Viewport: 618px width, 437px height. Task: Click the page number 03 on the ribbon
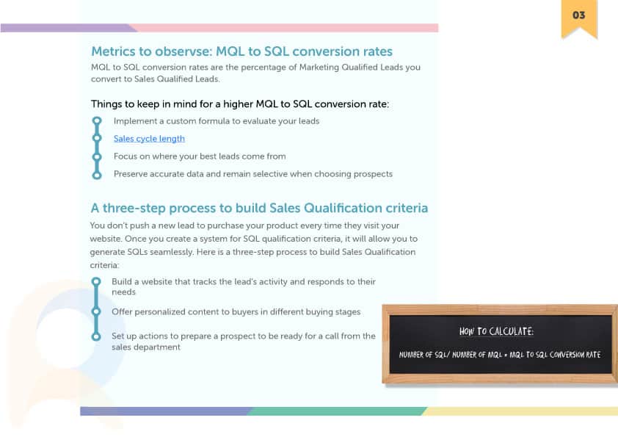pyautogui.click(x=578, y=15)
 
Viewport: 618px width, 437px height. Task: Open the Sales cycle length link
pyautogui.click(x=149, y=138)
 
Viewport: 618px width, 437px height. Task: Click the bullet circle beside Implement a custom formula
pyautogui.click(x=97, y=120)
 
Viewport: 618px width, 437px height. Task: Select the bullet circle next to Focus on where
pyautogui.click(x=97, y=156)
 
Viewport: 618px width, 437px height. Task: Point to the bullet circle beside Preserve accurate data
pyautogui.click(x=97, y=174)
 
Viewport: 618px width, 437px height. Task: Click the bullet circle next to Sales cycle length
pyautogui.click(x=97, y=138)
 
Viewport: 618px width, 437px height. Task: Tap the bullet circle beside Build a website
pyautogui.click(x=95, y=281)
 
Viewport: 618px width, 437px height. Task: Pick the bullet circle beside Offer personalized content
pyautogui.click(x=95, y=311)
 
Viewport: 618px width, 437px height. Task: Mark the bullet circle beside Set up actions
pyautogui.click(x=95, y=336)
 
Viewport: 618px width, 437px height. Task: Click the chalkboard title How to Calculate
pyautogui.click(x=496, y=331)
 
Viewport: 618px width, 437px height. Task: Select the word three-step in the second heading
pyautogui.click(x=134, y=208)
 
